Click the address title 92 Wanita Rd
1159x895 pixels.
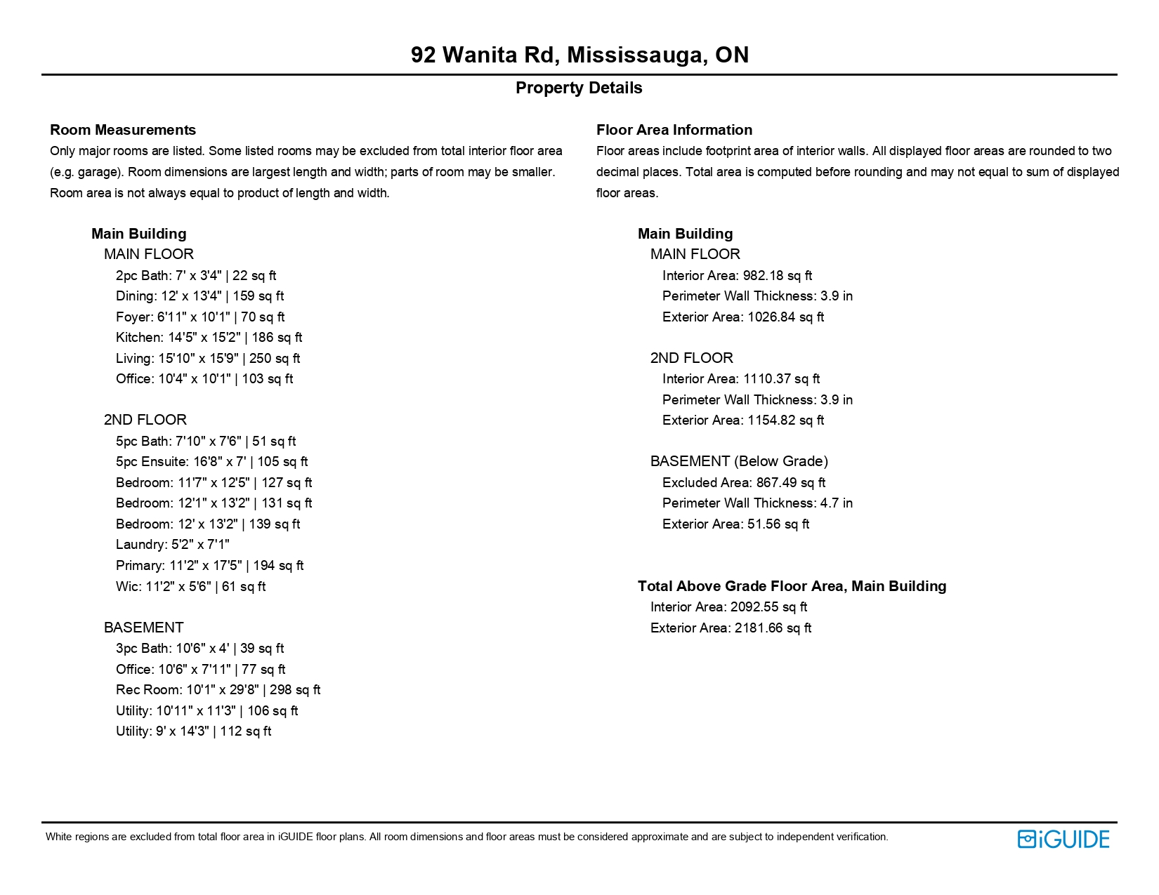click(x=579, y=55)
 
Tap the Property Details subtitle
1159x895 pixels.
click(x=579, y=88)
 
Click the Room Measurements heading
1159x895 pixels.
click(x=123, y=130)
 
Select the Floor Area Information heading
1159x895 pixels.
click(x=674, y=130)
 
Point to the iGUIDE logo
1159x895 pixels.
click(x=1063, y=839)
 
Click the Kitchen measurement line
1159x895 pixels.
click(x=209, y=338)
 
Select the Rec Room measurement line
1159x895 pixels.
click(x=218, y=690)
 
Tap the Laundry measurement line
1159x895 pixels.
click(x=172, y=545)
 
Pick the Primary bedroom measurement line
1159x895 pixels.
click(x=209, y=566)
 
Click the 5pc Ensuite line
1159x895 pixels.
click(x=211, y=462)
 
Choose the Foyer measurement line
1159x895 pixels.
click(x=200, y=317)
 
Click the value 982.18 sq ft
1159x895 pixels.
click(x=777, y=276)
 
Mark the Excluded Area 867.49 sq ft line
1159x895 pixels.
click(x=743, y=483)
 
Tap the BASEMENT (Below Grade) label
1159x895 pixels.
click(x=739, y=461)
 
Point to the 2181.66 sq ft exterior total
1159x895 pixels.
click(x=772, y=628)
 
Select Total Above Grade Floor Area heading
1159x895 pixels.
click(x=792, y=586)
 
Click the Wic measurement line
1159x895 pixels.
click(x=190, y=587)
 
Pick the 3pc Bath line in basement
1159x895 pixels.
click(x=199, y=649)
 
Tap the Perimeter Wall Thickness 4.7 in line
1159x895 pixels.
click(x=757, y=503)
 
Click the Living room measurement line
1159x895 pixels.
click(x=207, y=359)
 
